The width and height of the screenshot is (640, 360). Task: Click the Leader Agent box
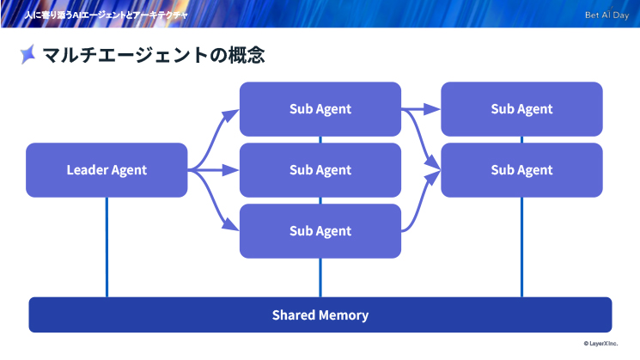(x=107, y=170)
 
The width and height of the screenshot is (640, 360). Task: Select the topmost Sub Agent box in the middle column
(x=320, y=109)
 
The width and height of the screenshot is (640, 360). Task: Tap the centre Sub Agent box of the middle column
(x=320, y=170)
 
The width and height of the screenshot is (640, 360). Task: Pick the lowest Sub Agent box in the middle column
(x=320, y=231)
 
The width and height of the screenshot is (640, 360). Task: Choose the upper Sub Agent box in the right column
(x=521, y=109)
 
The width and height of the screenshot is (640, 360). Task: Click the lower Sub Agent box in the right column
(x=521, y=170)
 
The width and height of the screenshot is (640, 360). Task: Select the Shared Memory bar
(x=320, y=314)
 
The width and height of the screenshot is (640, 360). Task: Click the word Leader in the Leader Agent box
(x=86, y=170)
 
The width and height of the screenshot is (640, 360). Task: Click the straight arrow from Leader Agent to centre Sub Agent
(x=213, y=170)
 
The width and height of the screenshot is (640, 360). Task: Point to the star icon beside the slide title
(x=28, y=55)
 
